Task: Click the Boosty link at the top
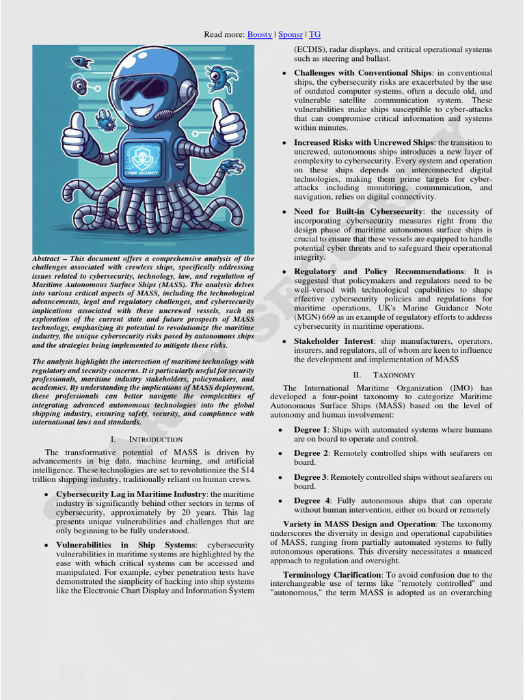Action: (259, 34)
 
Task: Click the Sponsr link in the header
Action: (291, 34)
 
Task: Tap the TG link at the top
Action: (314, 34)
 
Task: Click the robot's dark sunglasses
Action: (143, 88)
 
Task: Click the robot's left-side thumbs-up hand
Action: (75, 137)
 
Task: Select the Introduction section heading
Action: (146, 440)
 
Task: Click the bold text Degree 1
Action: (311, 430)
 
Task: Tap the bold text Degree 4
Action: (311, 501)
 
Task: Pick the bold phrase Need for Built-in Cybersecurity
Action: (358, 212)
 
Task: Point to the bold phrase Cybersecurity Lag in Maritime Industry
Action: (131, 494)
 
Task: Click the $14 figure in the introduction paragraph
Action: (247, 470)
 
